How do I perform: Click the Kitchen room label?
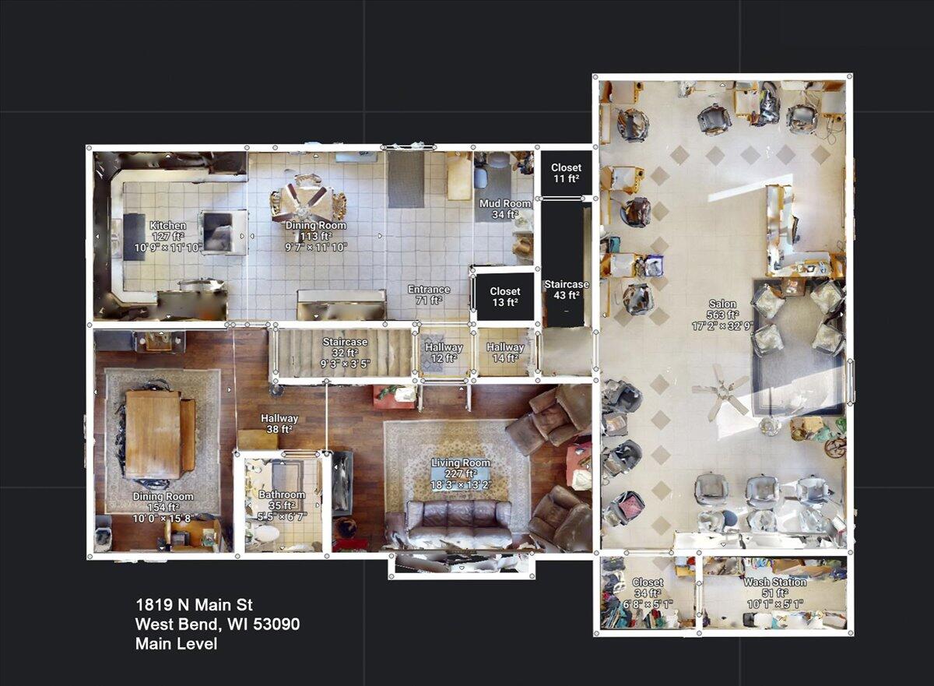click(168, 226)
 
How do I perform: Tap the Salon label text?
click(723, 304)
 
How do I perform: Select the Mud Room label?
click(506, 204)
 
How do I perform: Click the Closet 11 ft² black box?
click(566, 174)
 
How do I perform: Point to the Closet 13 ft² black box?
click(505, 297)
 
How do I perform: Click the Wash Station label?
click(774, 582)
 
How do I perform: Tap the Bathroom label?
click(282, 495)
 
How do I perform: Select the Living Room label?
click(461, 463)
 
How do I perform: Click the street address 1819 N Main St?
click(194, 605)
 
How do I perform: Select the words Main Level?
click(176, 644)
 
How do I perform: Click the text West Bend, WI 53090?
click(217, 624)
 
